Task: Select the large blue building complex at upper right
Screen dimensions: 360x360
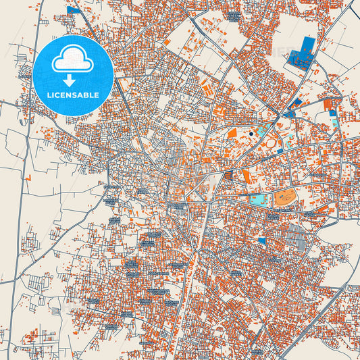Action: coord(303,53)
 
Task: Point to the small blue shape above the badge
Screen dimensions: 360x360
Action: coord(72,11)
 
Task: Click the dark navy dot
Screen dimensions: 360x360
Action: coord(251,134)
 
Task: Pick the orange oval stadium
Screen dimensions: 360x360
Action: coord(283,198)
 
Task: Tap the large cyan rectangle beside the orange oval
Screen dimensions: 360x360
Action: coord(257,199)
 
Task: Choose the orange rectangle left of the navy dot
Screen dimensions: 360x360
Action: coord(232,133)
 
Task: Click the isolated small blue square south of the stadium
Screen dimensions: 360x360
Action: coord(262,240)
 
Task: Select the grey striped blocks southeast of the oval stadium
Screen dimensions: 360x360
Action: coord(297,236)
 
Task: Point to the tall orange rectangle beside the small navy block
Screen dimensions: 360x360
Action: coord(246,176)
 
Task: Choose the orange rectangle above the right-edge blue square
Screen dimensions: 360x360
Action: coord(328,105)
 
